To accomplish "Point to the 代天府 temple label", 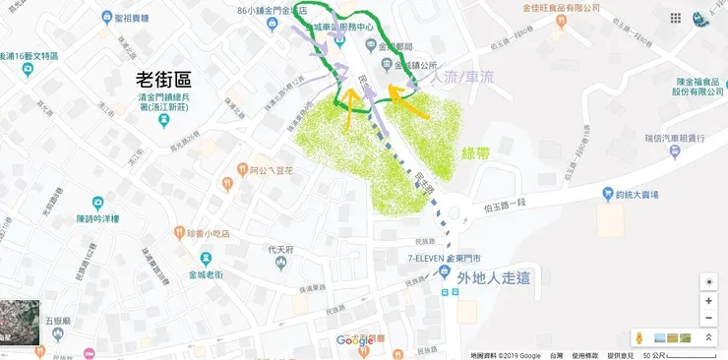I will [283, 249].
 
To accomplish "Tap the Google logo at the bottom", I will [355, 340].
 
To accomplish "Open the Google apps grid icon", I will [675, 19].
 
